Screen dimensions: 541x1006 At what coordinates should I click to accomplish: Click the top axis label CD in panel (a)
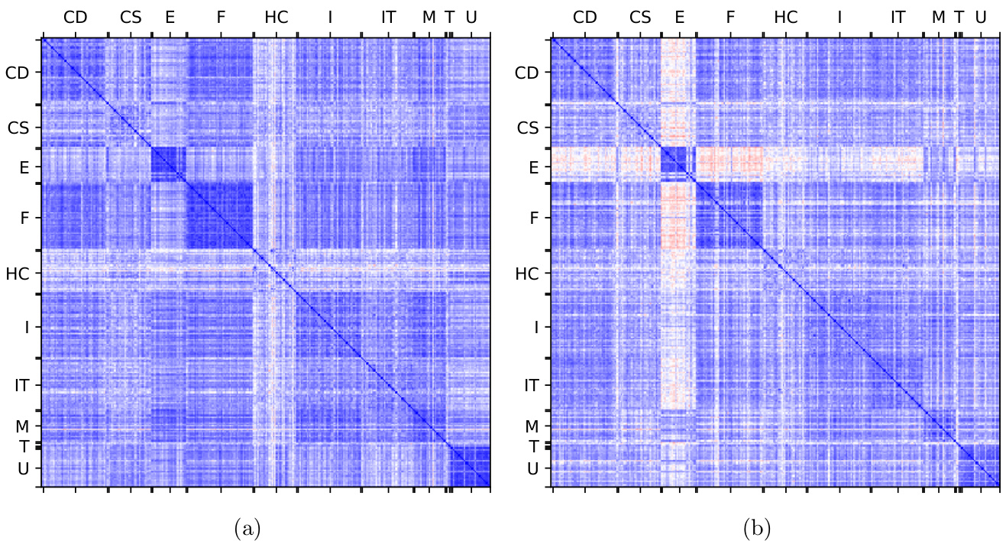(76, 16)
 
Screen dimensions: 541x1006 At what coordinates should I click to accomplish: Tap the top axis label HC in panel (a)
(277, 16)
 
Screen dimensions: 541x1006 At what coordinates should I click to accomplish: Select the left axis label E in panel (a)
(24, 166)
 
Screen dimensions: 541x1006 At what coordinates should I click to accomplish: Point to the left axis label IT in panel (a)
(22, 386)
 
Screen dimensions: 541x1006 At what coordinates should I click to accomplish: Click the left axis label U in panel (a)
(24, 468)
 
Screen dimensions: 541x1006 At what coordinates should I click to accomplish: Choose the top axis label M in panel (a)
(429, 16)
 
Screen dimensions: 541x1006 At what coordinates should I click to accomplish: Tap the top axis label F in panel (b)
(730, 16)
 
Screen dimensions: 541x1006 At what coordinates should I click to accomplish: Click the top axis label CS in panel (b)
(640, 16)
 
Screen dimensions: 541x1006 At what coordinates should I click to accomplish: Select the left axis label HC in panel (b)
(527, 273)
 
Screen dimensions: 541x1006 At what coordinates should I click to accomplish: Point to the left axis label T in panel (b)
(533, 445)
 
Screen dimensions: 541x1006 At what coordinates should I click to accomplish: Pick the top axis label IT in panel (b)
(898, 16)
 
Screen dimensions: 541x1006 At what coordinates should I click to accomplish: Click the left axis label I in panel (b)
(536, 327)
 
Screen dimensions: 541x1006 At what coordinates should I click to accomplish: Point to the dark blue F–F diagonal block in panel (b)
(729, 215)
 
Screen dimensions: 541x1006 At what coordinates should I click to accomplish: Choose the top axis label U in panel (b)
(980, 16)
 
